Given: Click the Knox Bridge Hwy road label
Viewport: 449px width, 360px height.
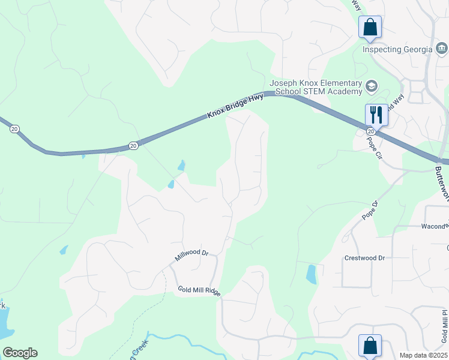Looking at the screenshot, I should pyautogui.click(x=235, y=106).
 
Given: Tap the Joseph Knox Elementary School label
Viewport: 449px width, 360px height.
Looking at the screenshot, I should pyautogui.click(x=316, y=87).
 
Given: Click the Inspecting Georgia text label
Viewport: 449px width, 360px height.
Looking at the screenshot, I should pyautogui.click(x=397, y=49).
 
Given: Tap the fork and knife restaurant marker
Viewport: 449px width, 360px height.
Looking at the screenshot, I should pyautogui.click(x=376, y=115).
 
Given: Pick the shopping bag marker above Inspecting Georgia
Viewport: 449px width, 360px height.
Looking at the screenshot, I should pyautogui.click(x=370, y=28).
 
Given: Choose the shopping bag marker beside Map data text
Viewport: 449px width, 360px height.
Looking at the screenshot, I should pyautogui.click(x=370, y=346).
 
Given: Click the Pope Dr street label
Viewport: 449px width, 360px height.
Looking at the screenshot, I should pyautogui.click(x=371, y=211).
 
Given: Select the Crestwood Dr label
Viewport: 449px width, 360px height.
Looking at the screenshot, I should pyautogui.click(x=364, y=258).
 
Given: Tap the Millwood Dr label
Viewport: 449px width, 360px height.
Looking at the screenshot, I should pyautogui.click(x=191, y=256).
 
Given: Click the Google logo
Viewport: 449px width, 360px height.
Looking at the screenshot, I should pyautogui.click(x=20, y=353).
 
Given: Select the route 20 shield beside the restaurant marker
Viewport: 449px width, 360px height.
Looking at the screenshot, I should pyautogui.click(x=371, y=131).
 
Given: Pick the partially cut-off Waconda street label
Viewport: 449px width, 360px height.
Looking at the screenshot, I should pyautogui.click(x=435, y=226).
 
